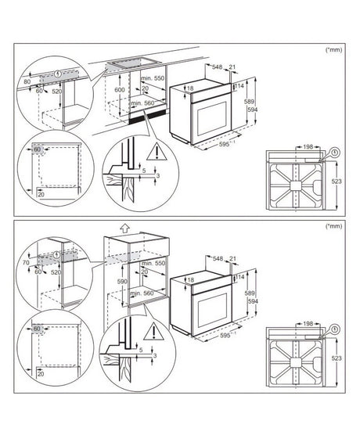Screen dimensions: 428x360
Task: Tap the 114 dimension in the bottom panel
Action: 241,276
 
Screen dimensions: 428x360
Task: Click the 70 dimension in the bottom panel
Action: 26,264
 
